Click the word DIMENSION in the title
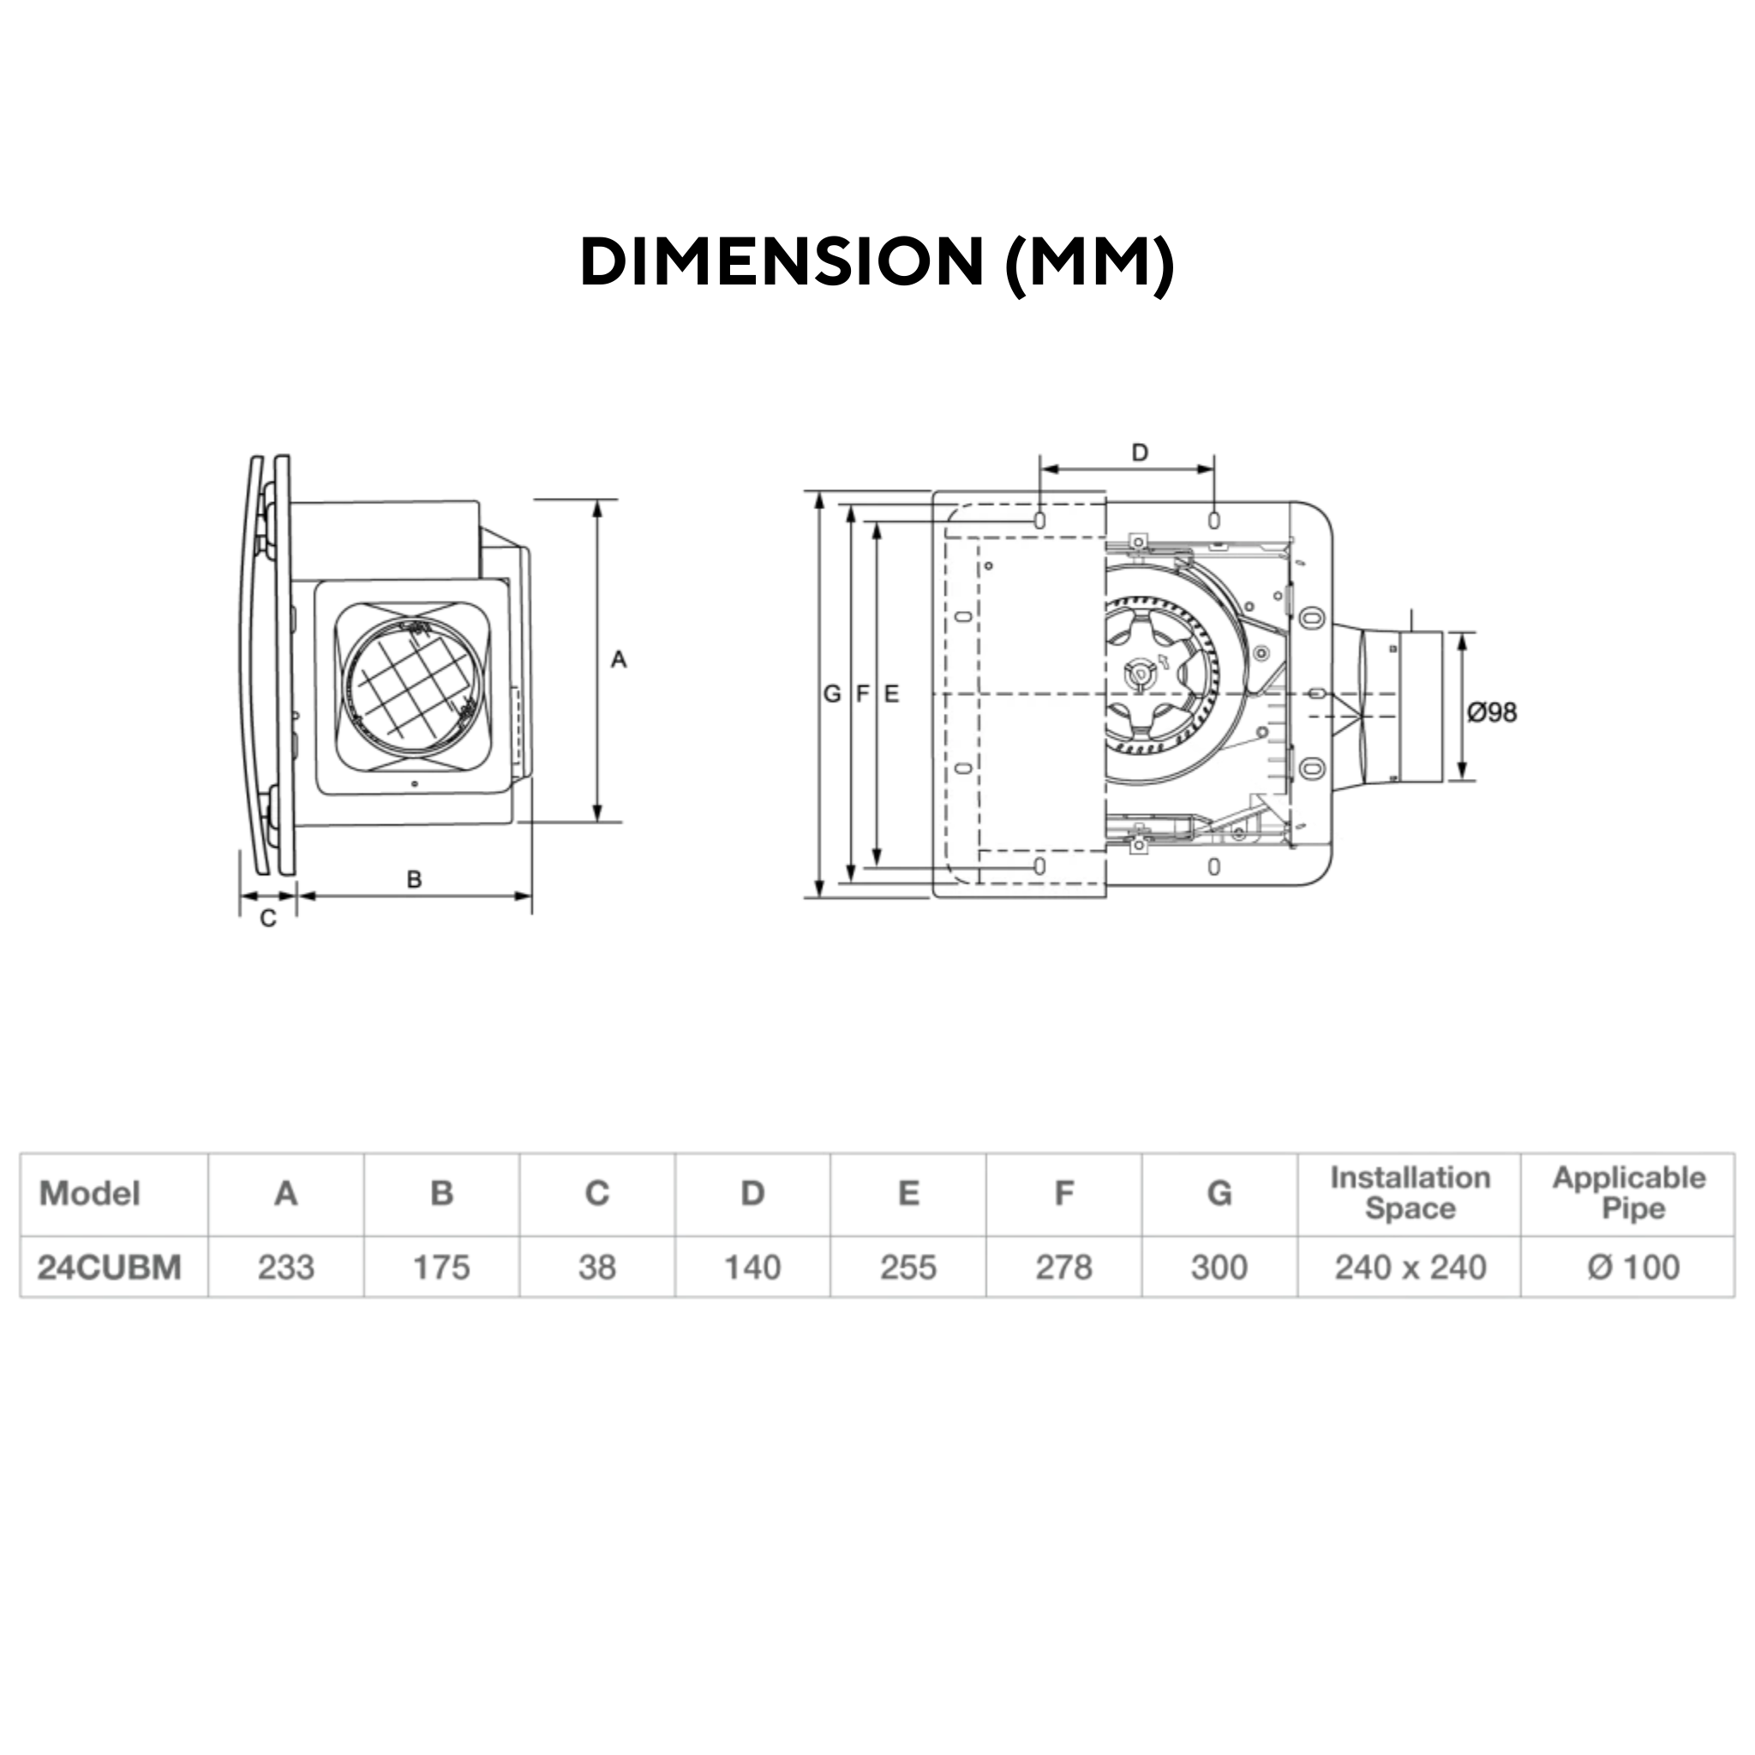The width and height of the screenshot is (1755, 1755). pyautogui.click(x=782, y=262)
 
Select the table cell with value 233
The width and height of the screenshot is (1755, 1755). pyautogui.click(x=285, y=1267)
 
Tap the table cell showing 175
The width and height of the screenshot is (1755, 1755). pyautogui.click(x=441, y=1267)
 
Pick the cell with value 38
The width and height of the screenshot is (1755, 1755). pyautogui.click(x=596, y=1267)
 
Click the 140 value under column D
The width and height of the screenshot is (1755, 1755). pyautogui.click(x=752, y=1267)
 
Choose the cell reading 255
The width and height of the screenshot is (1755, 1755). pyautogui.click(x=907, y=1267)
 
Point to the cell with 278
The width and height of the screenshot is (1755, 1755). pyautogui.click(x=1063, y=1267)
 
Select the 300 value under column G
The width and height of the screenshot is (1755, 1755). pyautogui.click(x=1219, y=1267)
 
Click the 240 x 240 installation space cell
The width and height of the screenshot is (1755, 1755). pyautogui.click(x=1410, y=1267)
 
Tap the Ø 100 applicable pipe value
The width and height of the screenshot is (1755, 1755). pyautogui.click(x=1632, y=1267)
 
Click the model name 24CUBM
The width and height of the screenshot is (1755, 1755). pyautogui.click(x=110, y=1267)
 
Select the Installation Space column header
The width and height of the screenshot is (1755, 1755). pyautogui.click(x=1410, y=1193)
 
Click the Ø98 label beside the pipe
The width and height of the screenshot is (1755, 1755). pyautogui.click(x=1492, y=712)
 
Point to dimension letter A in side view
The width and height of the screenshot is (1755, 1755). pyautogui.click(x=619, y=660)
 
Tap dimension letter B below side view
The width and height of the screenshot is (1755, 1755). pyautogui.click(x=414, y=878)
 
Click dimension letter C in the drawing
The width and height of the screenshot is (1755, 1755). pyautogui.click(x=268, y=919)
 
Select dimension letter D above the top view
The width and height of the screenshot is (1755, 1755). pyautogui.click(x=1139, y=452)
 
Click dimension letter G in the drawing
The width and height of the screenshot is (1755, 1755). pyautogui.click(x=831, y=694)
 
